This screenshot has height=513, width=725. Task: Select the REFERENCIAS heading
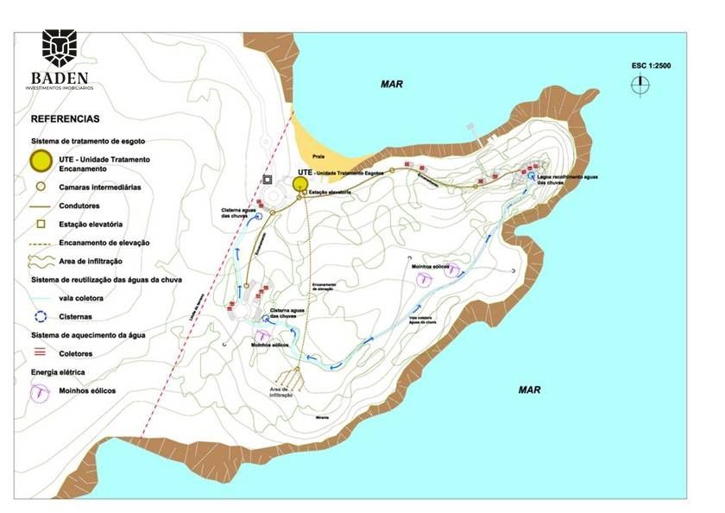[65, 119]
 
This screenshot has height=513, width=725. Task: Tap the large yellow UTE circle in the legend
[40, 160]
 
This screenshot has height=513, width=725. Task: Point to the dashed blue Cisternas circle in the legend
[40, 317]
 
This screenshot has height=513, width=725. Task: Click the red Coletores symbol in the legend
[40, 353]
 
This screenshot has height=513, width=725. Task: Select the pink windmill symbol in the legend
[40, 391]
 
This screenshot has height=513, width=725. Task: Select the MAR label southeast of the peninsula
[529, 389]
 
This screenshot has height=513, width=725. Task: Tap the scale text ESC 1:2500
[652, 66]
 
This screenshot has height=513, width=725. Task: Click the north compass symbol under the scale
[640, 85]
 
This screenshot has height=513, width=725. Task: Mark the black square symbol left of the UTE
[268, 180]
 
